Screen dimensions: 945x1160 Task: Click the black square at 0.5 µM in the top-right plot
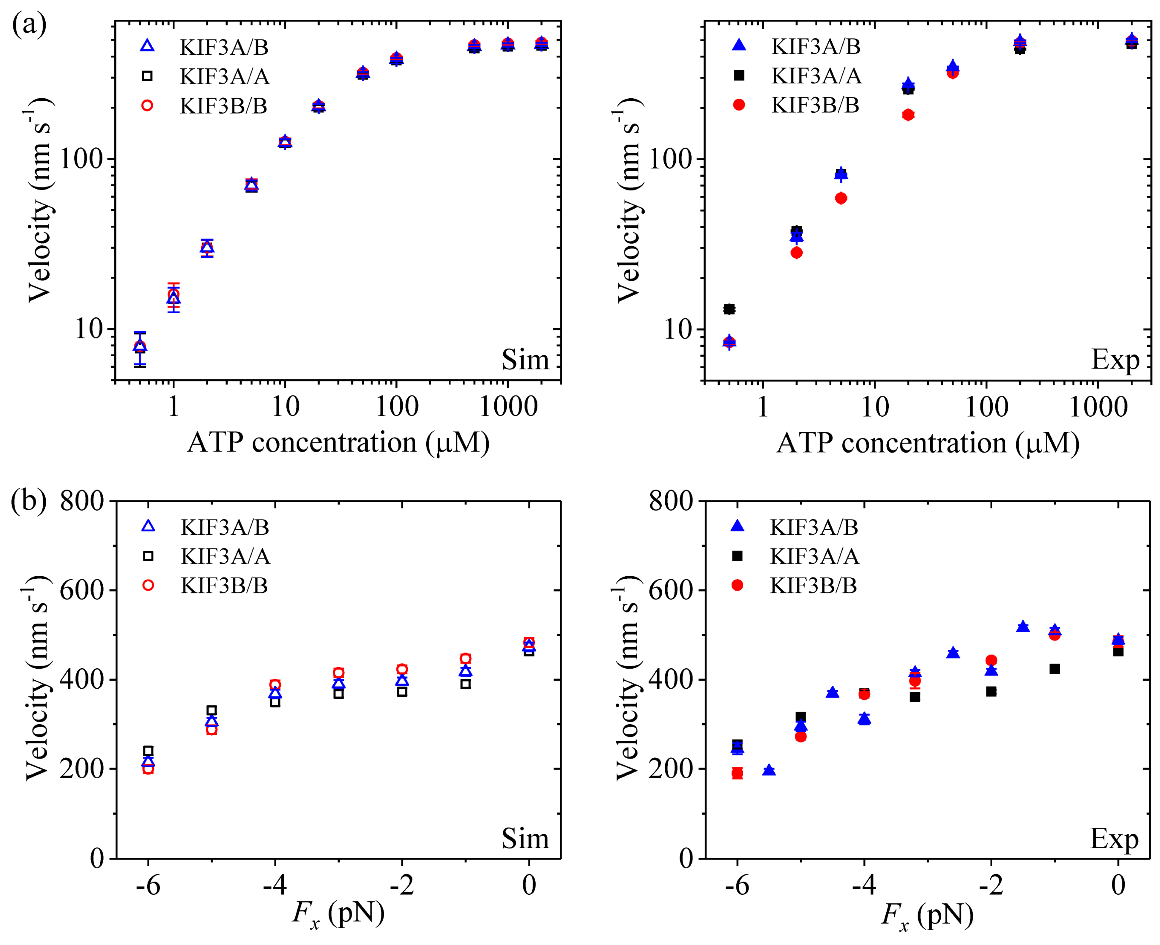[729, 309]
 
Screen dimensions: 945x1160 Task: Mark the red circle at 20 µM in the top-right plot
[907, 115]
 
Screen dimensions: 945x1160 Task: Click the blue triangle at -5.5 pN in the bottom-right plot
[768, 770]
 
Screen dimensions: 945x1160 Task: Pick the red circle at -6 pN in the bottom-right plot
[737, 773]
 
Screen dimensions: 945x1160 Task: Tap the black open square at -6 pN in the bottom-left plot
[148, 751]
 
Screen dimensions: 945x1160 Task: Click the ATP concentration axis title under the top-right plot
[927, 442]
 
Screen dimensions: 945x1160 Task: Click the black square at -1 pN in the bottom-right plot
[1054, 669]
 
